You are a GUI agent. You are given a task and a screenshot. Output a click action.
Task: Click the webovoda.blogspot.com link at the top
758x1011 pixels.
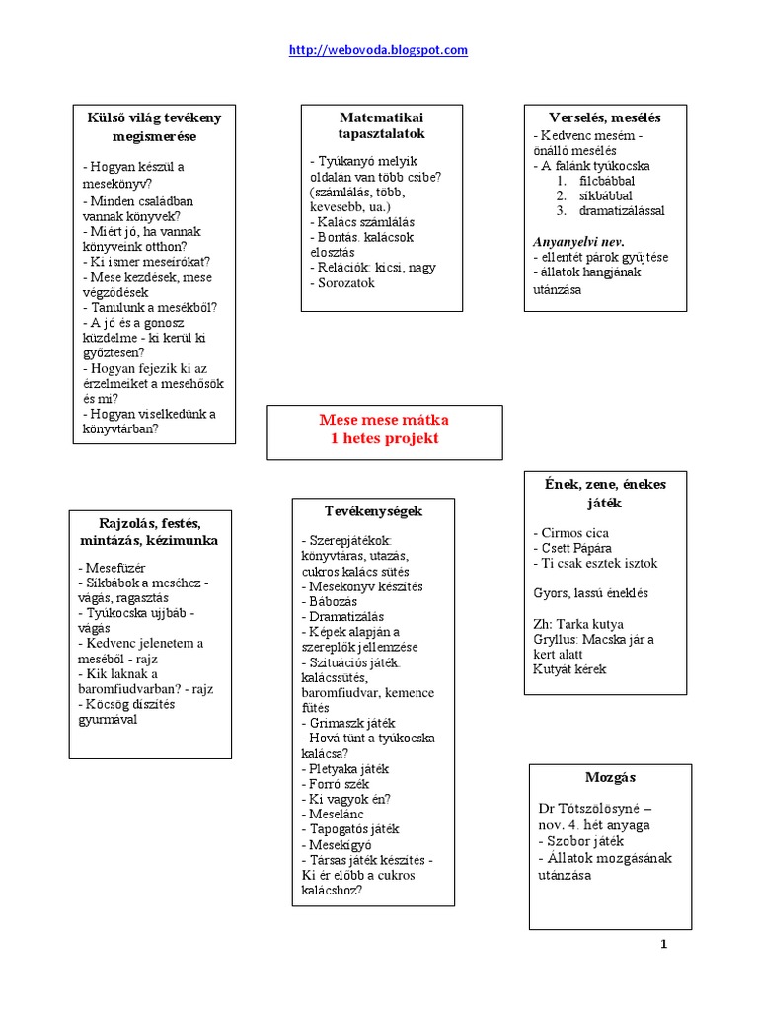coord(378,50)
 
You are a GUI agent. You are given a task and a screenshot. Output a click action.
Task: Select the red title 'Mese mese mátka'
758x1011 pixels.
coord(383,420)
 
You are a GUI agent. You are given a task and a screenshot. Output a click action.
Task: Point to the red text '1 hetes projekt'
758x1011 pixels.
coord(383,438)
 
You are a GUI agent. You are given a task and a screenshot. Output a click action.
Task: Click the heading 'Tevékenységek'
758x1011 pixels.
coord(373,511)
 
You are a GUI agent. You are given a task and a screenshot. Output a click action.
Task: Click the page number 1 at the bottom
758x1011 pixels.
coord(664,944)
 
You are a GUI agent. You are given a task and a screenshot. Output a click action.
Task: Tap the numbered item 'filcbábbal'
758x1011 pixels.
coord(607,181)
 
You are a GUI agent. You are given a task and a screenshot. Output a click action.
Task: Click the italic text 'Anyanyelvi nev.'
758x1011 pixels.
coord(579,241)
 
